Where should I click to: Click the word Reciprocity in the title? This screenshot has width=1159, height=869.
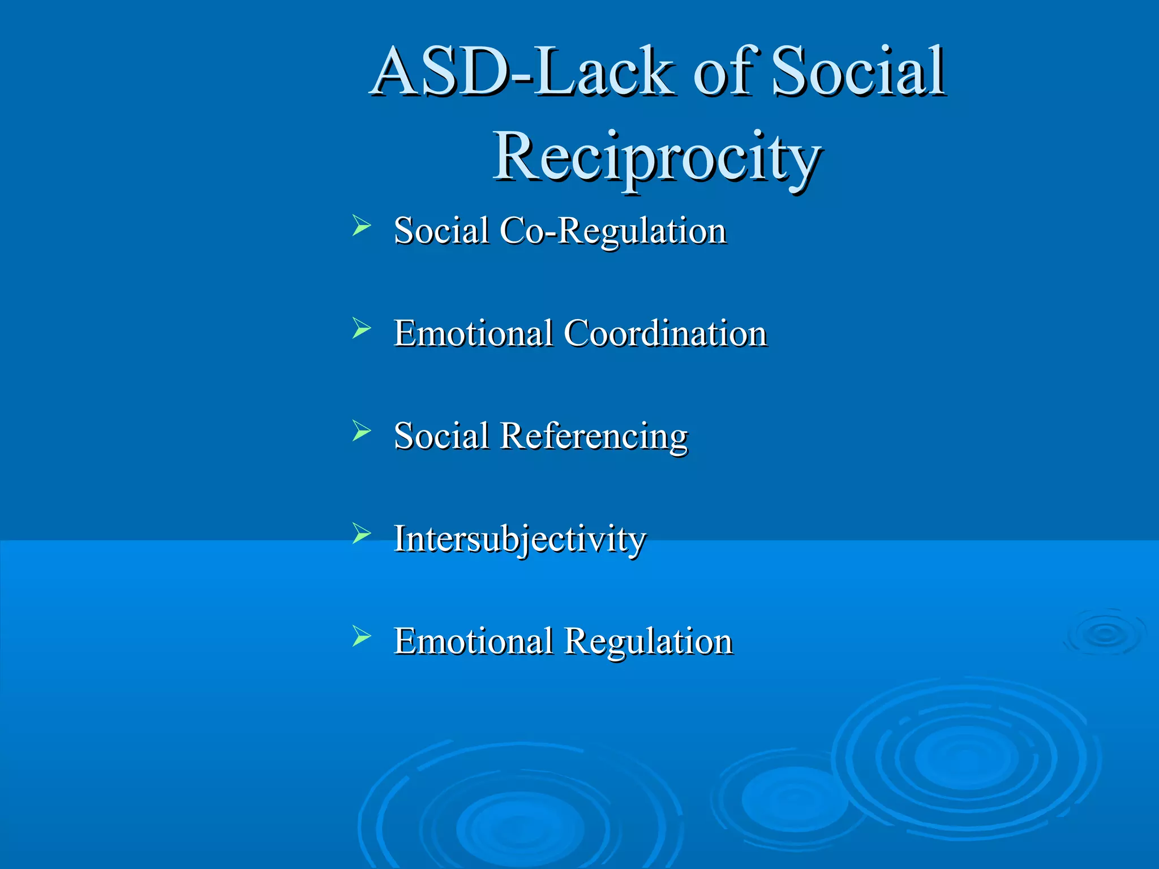(658, 156)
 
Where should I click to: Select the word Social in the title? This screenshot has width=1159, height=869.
(858, 72)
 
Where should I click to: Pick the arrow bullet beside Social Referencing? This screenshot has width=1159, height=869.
(361, 431)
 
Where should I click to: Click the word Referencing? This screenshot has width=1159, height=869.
(594, 437)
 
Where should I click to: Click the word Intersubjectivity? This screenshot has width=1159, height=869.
(520, 539)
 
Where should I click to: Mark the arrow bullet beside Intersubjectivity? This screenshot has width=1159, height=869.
(361, 533)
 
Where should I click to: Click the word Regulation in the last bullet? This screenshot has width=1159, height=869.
(649, 642)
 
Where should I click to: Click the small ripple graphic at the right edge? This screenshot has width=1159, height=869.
(1104, 634)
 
